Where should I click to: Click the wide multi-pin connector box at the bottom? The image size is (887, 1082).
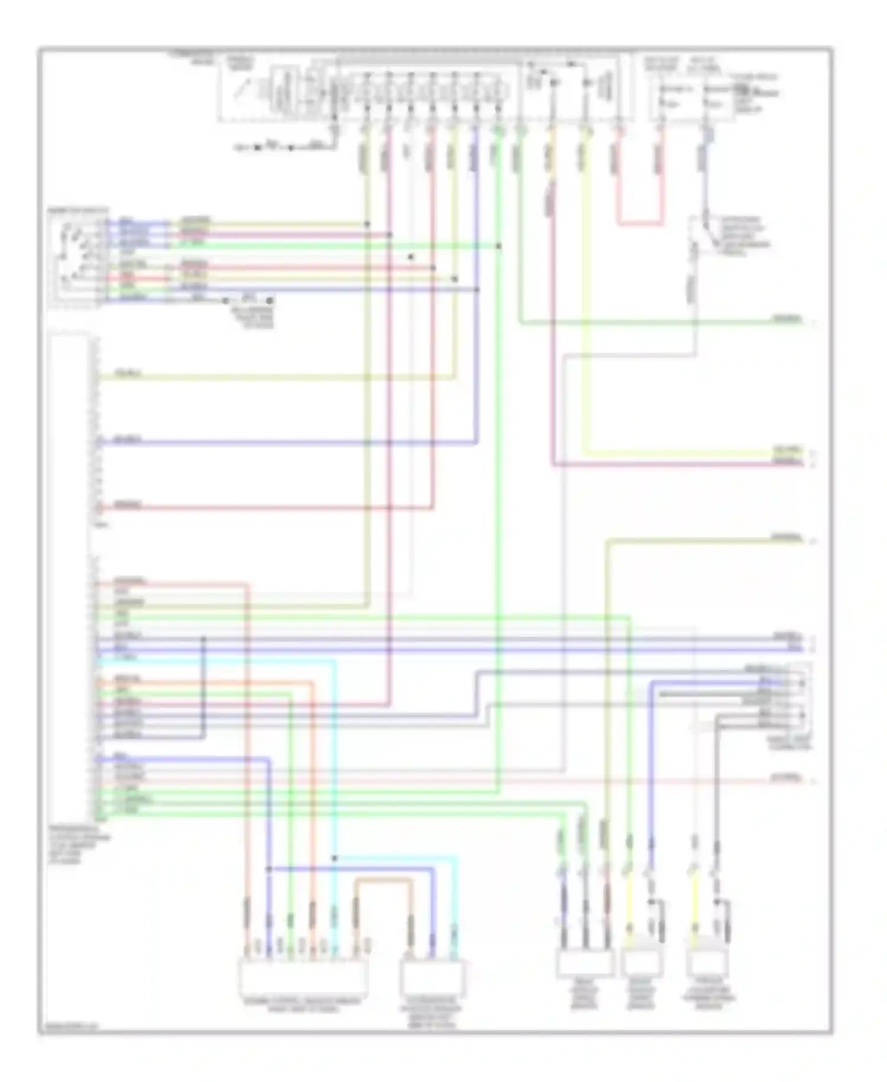click(x=303, y=977)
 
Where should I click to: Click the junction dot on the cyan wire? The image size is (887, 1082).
click(x=334, y=858)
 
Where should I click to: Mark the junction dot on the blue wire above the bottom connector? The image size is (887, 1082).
click(x=268, y=869)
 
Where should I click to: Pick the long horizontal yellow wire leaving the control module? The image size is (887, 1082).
click(x=278, y=376)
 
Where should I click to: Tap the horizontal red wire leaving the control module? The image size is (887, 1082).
click(x=266, y=507)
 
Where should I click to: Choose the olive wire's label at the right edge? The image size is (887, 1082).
click(x=786, y=538)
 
